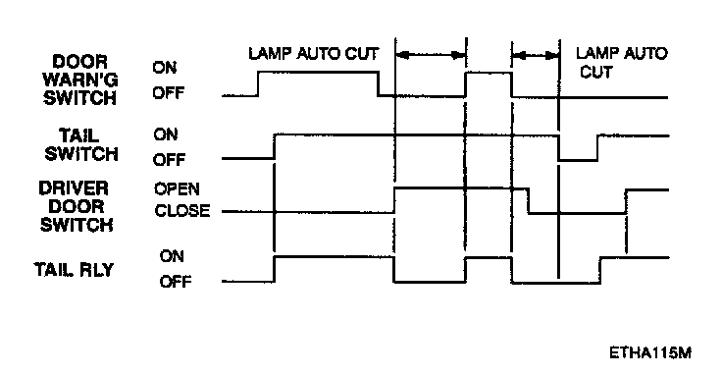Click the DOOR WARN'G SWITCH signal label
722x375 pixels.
click(79, 80)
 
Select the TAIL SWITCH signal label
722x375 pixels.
click(81, 144)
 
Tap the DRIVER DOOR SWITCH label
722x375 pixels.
click(76, 206)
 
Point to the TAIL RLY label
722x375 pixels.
click(74, 270)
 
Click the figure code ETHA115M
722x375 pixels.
click(650, 352)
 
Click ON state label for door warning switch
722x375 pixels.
click(165, 68)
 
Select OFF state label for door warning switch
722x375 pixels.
click(168, 93)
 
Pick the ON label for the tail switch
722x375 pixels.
click(166, 134)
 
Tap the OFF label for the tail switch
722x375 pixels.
click(169, 160)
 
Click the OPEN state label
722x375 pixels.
click(177, 188)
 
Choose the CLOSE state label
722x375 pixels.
click(182, 210)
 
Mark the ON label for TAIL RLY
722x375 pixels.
click(172, 256)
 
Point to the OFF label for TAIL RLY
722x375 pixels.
click(176, 282)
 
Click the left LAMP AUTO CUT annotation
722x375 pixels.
click(314, 53)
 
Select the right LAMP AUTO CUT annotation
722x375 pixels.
click(621, 62)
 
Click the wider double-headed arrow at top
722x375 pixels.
click(431, 55)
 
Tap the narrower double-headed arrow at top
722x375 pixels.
click(536, 56)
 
